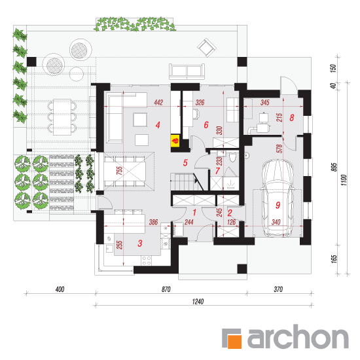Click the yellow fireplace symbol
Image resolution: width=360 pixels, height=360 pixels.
point(175,141)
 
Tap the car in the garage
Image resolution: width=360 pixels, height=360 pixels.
point(278,198)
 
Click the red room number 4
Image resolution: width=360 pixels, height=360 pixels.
point(158,125)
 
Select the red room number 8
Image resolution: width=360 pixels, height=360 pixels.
point(291,118)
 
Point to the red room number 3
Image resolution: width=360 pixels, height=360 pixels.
point(140,243)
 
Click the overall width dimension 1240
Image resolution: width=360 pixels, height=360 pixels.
point(198,301)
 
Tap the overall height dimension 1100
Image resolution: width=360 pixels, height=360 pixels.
point(344,180)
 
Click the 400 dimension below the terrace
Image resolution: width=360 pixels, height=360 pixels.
point(60,289)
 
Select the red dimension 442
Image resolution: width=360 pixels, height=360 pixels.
point(158,102)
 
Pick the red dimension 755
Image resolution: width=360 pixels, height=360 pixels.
point(120,170)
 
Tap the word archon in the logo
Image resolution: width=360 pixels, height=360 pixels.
point(298,336)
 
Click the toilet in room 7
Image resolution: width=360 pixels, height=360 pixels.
point(232,157)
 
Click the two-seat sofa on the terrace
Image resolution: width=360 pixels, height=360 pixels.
point(187,71)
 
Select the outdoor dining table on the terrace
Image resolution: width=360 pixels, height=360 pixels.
point(62,117)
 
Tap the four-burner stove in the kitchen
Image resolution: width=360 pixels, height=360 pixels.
point(146,261)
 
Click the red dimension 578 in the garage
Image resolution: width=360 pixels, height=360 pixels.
point(279,149)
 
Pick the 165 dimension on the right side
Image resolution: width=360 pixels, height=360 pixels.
point(334,259)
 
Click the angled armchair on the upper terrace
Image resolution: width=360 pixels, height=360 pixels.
point(207,48)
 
